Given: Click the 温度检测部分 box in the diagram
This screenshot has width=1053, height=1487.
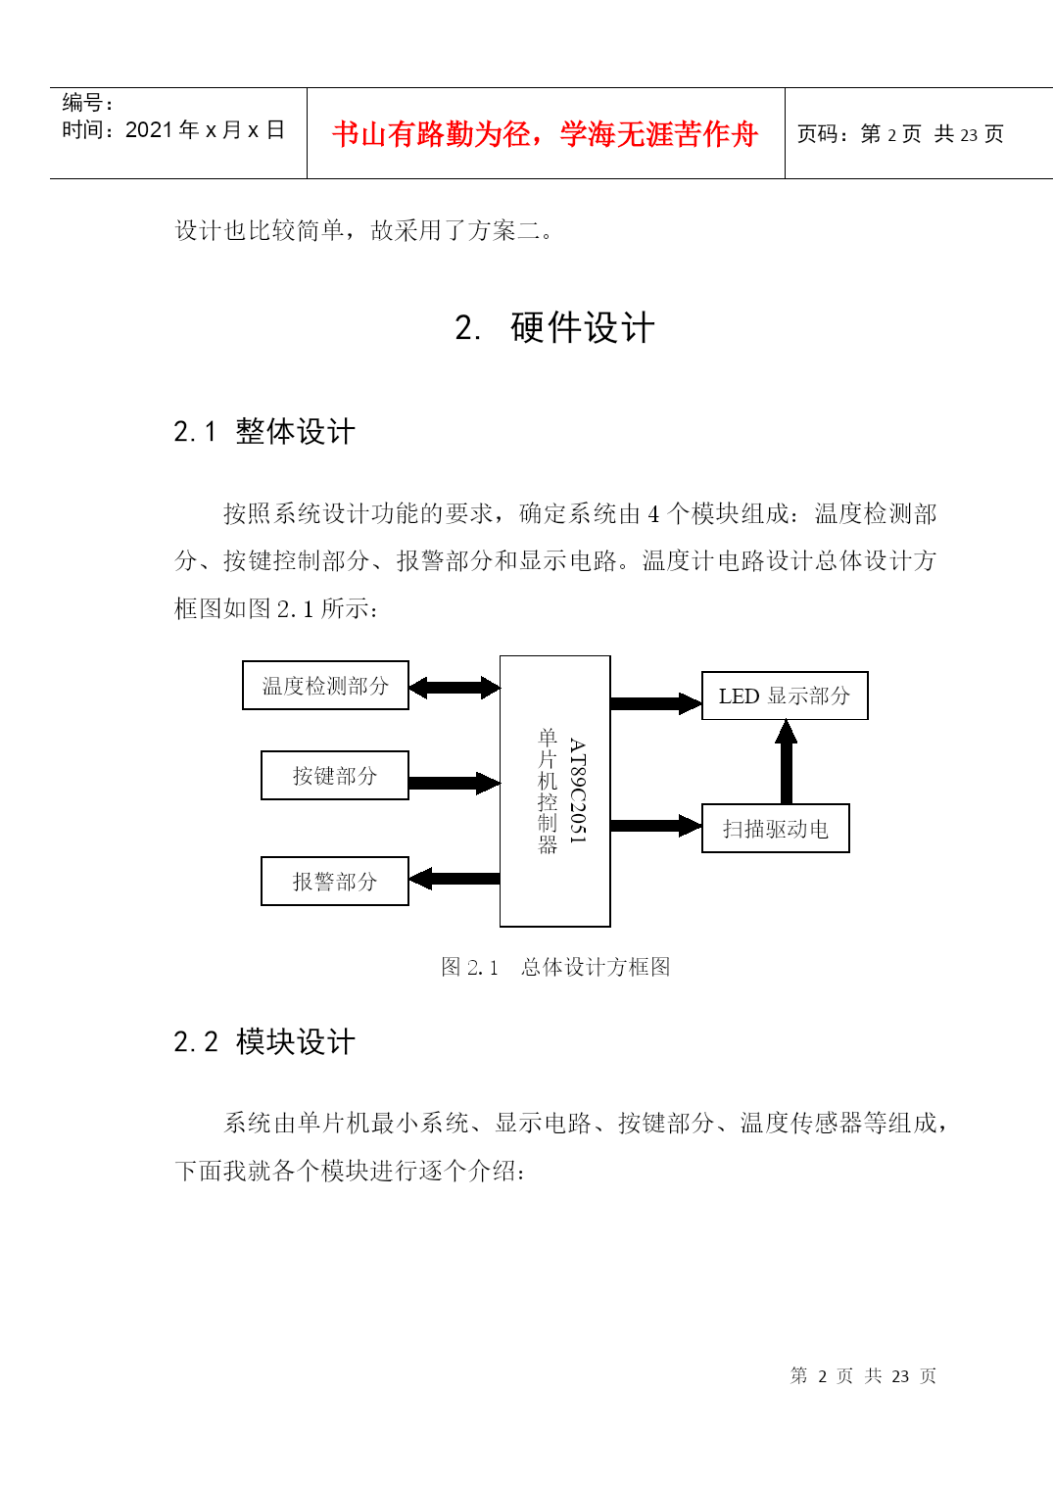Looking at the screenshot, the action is [x=325, y=685].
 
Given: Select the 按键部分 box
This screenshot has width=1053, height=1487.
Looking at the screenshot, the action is [x=335, y=776].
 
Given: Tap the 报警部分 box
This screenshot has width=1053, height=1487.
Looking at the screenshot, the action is [x=335, y=881].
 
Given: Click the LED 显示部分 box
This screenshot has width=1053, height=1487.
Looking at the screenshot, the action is [x=785, y=696].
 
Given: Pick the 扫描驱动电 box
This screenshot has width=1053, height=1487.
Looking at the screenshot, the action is [x=776, y=829].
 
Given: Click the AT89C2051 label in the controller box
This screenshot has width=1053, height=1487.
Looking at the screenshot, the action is [x=577, y=790].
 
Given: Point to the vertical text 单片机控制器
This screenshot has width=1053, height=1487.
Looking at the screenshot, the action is [x=548, y=790].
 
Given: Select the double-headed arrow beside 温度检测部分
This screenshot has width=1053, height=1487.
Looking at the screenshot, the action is [x=455, y=688].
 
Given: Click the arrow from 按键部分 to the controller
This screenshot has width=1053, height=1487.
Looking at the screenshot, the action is [x=455, y=784].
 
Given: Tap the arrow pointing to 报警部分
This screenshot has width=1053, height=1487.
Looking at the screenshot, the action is [x=455, y=879].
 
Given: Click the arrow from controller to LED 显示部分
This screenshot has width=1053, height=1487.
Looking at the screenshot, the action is [x=656, y=703].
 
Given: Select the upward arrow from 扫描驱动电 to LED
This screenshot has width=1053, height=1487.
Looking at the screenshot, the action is [x=787, y=762].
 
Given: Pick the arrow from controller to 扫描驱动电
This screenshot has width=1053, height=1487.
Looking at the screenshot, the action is [x=656, y=826].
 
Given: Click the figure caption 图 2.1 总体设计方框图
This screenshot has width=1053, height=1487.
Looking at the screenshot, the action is [x=555, y=967].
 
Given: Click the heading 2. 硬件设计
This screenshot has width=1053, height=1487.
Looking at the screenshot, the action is [x=554, y=327].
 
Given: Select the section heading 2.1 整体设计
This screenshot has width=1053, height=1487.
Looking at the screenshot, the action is [x=264, y=431].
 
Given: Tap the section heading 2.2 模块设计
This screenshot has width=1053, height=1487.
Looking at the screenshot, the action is [x=264, y=1041].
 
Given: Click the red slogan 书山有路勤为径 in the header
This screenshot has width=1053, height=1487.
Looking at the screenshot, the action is [x=430, y=134].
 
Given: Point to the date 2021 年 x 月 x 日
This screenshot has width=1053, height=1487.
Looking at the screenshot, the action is [x=205, y=129].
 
